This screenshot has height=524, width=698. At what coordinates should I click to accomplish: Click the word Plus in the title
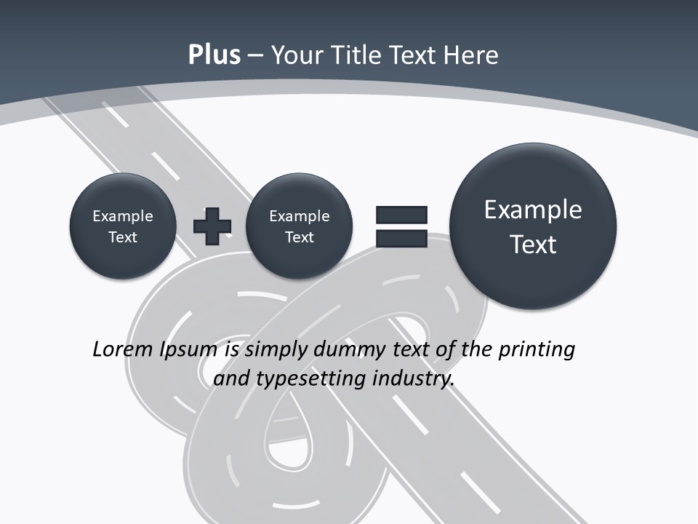coord(214,55)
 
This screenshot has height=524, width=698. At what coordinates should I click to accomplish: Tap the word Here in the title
coord(472,55)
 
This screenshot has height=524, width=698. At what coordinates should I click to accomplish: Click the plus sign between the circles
coord(212,226)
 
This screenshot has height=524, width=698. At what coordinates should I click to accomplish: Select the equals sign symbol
coord(401,226)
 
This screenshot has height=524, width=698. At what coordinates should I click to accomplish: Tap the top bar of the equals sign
coord(401,215)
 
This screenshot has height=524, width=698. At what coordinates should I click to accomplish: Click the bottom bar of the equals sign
coord(401,237)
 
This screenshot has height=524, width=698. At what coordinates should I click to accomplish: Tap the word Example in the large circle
coord(533,210)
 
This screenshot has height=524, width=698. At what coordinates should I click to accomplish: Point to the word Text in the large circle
coord(533,245)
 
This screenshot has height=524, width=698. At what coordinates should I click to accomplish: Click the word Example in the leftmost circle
coord(123,216)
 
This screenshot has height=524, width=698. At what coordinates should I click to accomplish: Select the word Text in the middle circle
coord(299,237)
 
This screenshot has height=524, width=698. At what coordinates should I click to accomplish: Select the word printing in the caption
coord(537,350)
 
